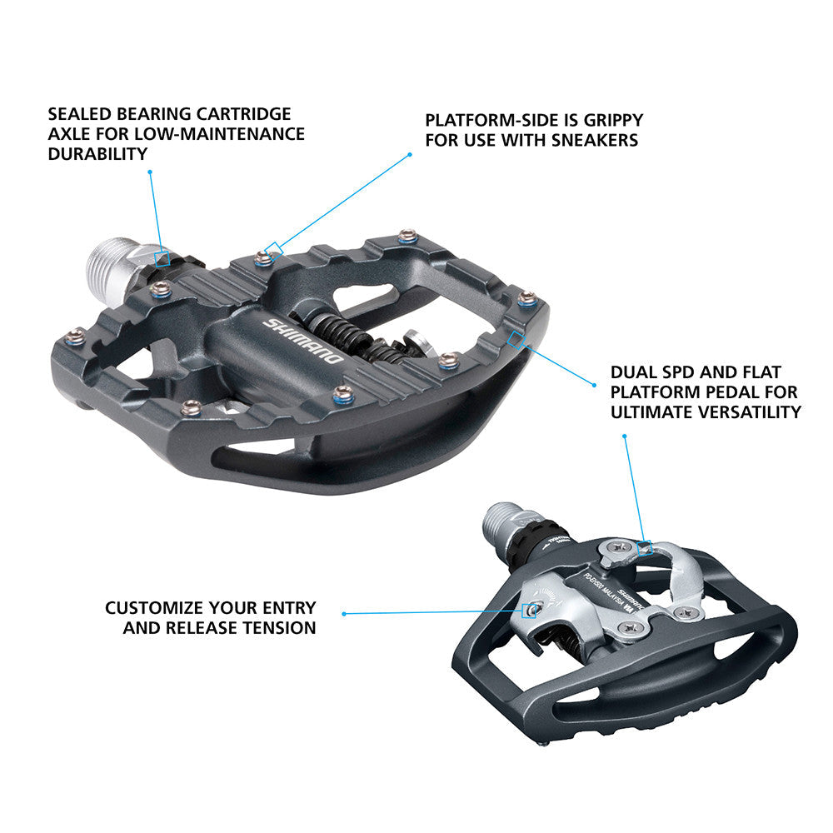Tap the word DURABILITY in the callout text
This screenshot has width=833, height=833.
97,153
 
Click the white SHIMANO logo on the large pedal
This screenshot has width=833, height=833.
302,341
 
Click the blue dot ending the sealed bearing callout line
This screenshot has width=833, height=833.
149,172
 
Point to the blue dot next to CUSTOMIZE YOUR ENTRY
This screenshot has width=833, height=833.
343,614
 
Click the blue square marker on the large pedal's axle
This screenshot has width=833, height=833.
163,259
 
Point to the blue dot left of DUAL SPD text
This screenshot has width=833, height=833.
594,384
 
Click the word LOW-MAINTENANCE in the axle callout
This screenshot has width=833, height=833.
222,133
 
